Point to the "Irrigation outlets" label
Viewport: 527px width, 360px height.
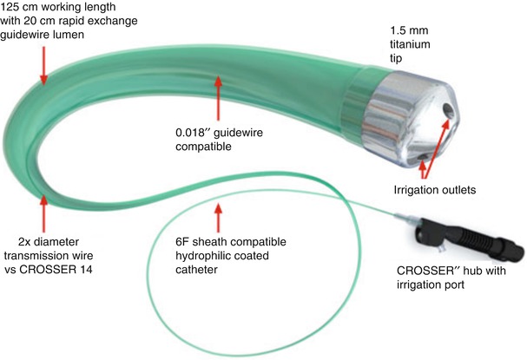[x=433, y=187]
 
